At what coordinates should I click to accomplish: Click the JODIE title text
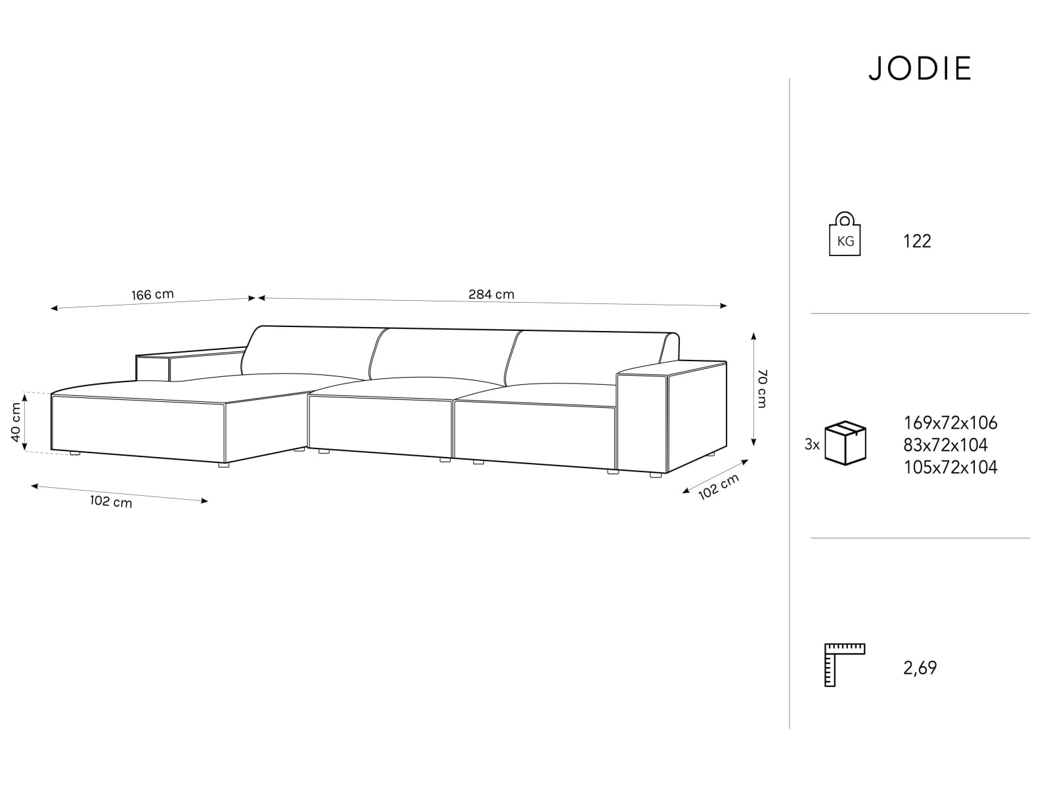point(920,68)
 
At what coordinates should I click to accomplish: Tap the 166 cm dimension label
point(152,294)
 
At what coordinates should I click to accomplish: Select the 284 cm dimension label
point(491,294)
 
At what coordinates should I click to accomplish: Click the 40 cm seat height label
point(16,422)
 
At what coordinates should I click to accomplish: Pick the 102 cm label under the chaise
point(110,502)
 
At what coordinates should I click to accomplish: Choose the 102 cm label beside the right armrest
point(718,486)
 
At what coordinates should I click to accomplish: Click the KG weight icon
point(845,234)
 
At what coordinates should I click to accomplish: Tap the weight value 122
point(917,241)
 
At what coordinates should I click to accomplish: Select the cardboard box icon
point(845,443)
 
